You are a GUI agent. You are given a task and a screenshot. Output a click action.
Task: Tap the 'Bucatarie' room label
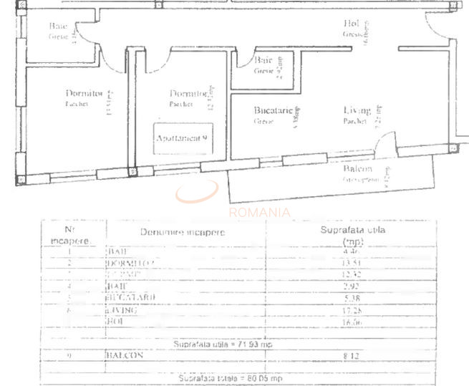point(273,112)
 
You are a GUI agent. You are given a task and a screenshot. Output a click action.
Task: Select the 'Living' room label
point(357,111)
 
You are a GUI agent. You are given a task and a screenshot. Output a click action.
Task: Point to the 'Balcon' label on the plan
point(357,169)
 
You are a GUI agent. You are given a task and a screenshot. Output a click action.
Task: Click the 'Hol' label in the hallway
point(351,23)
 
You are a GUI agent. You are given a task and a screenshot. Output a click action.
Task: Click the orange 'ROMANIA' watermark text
point(260,212)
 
